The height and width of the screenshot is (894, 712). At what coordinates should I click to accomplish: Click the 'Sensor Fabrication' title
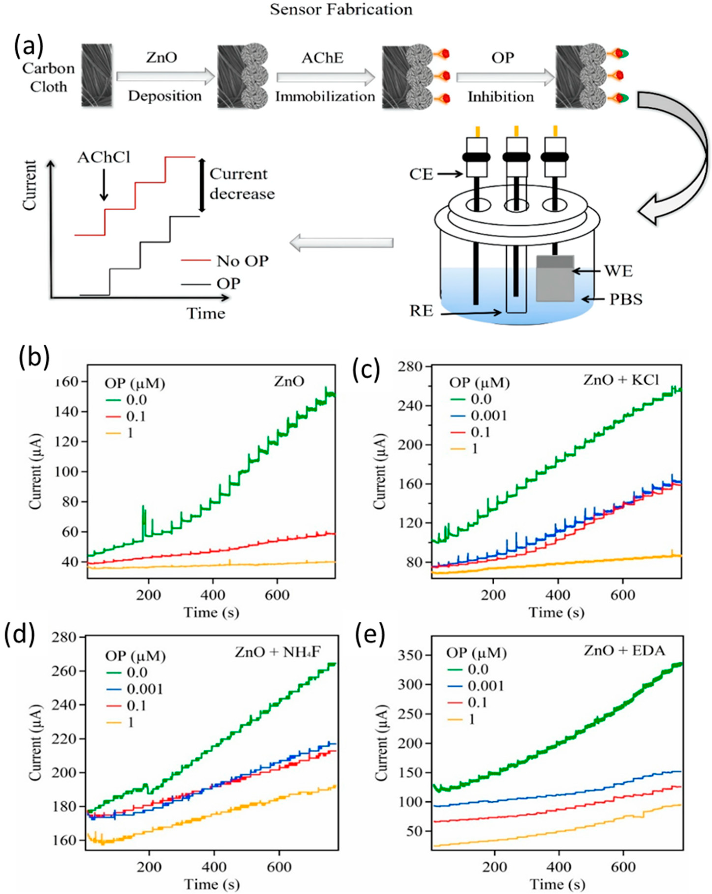[x=341, y=9]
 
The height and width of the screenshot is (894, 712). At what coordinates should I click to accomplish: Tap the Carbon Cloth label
[x=49, y=77]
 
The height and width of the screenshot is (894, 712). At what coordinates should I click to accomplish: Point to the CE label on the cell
[x=421, y=174]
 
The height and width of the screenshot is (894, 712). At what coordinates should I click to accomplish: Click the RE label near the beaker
[x=421, y=310]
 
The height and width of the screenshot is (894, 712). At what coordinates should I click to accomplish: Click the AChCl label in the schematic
[x=104, y=158]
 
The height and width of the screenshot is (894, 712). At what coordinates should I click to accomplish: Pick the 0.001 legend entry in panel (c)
[x=488, y=416]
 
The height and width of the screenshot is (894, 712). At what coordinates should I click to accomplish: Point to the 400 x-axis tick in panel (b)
[x=212, y=595]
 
